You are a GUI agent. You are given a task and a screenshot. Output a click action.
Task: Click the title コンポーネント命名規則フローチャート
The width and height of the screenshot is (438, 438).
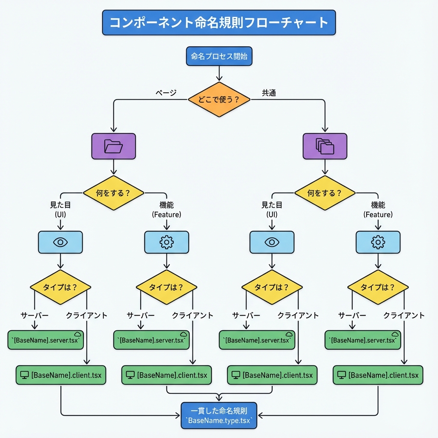coord(219,23)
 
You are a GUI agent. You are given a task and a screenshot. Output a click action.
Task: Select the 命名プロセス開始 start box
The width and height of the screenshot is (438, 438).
coord(219,56)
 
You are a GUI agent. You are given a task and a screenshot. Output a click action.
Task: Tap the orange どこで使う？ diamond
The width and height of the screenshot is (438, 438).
coord(219,99)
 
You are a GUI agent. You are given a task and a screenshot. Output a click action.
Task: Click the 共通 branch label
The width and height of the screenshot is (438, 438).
coord(269,92)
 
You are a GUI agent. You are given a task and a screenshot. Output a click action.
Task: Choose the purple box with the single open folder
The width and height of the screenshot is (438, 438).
coord(113,147)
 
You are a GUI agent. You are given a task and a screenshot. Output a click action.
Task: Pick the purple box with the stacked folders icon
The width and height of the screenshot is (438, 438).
coord(325,147)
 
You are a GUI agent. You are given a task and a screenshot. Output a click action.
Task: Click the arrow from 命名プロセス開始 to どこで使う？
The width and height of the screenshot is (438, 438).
coord(219,73)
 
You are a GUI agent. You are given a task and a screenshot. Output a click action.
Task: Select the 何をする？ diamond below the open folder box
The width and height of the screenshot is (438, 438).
coord(113,193)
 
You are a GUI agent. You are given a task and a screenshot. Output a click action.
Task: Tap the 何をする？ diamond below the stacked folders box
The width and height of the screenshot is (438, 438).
coord(325,193)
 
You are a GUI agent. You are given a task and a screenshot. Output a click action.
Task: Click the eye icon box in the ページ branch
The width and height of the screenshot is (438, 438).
coord(60,242)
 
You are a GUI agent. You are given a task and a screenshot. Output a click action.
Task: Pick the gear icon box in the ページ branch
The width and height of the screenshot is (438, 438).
coord(166,242)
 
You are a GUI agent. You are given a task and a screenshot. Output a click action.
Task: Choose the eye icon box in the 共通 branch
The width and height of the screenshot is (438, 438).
coord(272,242)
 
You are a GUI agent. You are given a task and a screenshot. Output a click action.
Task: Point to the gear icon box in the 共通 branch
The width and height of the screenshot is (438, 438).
coord(378,242)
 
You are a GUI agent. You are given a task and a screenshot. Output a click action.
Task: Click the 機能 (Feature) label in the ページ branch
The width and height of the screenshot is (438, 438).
coord(166,210)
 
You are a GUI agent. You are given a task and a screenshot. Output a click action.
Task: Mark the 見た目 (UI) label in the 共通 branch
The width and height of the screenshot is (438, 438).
coord(272,210)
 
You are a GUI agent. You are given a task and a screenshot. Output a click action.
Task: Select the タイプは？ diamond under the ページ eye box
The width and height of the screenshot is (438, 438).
coord(60,287)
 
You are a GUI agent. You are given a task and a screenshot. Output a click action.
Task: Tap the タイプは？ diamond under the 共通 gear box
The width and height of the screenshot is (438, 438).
coord(378,287)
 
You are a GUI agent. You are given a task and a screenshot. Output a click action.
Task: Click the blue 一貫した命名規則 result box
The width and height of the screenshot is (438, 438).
coord(219,415)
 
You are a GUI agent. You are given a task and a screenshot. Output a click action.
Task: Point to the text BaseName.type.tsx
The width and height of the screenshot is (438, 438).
coord(219,421)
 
